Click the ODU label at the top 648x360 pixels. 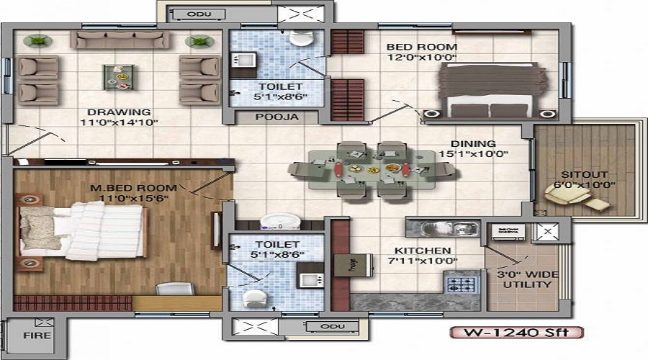coord(194,14)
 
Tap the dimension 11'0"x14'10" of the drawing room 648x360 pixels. coord(120,122)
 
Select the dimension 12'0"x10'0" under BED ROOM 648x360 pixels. coord(421,58)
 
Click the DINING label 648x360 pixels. coord(474,143)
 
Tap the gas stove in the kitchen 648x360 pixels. coord(462,282)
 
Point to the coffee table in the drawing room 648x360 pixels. coord(119,77)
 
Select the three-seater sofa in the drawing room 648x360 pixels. coord(120,40)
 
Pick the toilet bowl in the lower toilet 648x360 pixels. coord(253,297)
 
